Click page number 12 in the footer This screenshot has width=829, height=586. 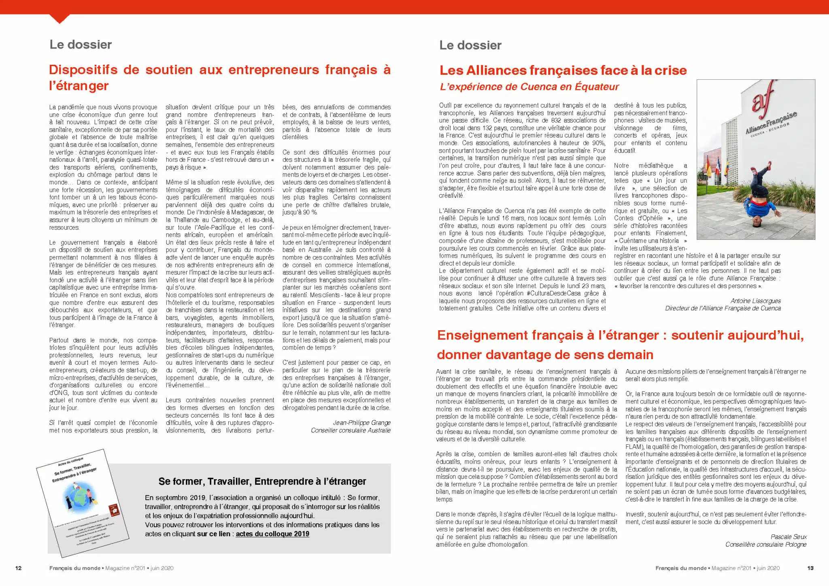(18, 568)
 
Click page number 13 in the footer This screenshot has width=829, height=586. (810, 568)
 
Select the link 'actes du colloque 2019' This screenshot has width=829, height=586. (272, 534)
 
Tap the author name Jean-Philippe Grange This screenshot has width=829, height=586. (361, 423)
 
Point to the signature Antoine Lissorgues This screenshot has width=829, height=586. (755, 301)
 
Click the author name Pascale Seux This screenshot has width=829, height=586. (789, 537)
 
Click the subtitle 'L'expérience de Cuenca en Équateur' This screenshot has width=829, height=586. (529, 87)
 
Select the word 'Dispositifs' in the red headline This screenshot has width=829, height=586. (83, 70)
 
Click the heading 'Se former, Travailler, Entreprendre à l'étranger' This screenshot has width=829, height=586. (262, 481)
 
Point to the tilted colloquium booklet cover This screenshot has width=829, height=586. (83, 502)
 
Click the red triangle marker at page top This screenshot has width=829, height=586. (59, 19)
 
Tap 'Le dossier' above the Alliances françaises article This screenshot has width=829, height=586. (470, 45)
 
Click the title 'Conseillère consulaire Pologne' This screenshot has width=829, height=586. (766, 544)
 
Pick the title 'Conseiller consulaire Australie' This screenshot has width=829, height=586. (351, 431)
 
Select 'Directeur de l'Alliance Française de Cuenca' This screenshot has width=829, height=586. (723, 308)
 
